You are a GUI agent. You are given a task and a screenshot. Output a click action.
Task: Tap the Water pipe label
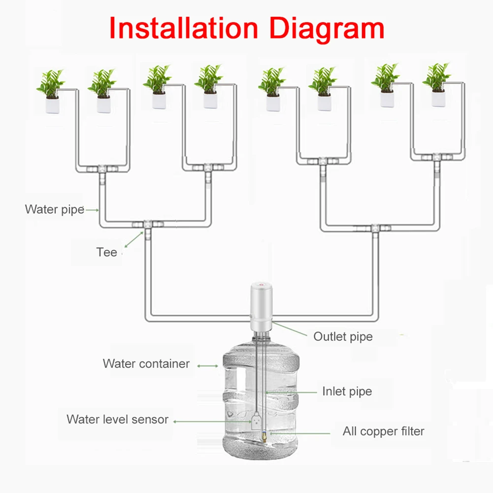pyautogui.click(x=54, y=209)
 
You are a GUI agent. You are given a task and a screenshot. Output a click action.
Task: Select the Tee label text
pyautogui.click(x=106, y=253)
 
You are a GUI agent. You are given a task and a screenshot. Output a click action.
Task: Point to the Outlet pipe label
pyautogui.click(x=343, y=337)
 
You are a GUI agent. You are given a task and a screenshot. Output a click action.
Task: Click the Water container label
pyautogui.click(x=146, y=364)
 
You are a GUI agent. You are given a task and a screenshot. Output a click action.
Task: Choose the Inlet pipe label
pyautogui.click(x=347, y=392)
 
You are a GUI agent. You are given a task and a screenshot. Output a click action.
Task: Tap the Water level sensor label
pyautogui.click(x=117, y=420)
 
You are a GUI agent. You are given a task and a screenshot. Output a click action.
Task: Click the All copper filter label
pyautogui.click(x=383, y=431)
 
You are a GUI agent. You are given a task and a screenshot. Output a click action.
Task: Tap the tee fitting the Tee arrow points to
pyautogui.click(x=147, y=225)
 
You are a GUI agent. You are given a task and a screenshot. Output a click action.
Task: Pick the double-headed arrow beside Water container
pyautogui.click(x=208, y=366)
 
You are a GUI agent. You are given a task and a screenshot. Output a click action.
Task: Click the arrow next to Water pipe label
pyautogui.click(x=92, y=210)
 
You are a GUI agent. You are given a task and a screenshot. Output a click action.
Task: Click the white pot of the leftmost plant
pyautogui.click(x=52, y=103)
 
